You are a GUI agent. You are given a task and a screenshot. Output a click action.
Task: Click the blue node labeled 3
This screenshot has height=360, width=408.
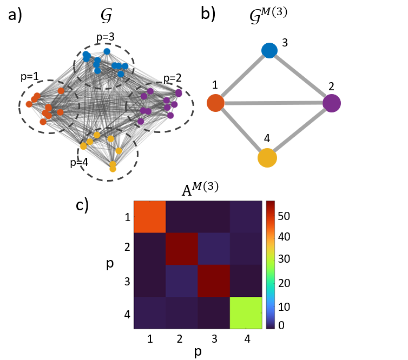269,50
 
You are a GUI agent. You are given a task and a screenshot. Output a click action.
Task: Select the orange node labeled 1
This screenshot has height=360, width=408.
215,103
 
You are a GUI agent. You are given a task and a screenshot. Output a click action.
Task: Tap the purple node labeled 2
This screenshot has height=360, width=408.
331,102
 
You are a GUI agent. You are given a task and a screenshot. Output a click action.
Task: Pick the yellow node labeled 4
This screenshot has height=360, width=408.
267,158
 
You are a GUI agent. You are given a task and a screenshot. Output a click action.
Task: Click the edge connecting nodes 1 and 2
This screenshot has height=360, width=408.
273,103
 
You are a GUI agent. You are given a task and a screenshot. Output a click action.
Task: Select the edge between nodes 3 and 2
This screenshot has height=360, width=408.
300,76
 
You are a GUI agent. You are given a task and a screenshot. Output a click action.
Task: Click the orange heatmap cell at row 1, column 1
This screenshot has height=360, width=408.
149,216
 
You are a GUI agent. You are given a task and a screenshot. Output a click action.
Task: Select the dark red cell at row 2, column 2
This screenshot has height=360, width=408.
182,249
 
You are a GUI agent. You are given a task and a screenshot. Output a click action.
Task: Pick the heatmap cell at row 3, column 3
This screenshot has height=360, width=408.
214,281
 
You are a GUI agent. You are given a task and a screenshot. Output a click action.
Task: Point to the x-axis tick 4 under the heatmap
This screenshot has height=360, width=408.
246,338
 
